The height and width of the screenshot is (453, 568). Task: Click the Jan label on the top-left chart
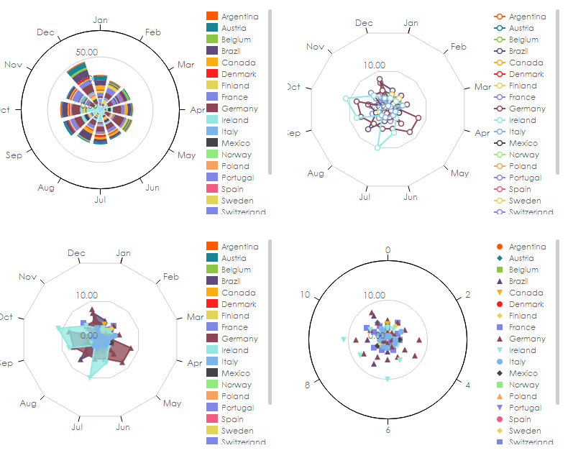(x=101, y=20)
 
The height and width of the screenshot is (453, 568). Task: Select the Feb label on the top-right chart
(x=459, y=47)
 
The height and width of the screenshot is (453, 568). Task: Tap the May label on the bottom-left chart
(x=173, y=403)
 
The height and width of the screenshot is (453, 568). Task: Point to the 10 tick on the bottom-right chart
(x=305, y=295)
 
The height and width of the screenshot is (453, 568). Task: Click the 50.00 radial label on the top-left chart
(x=87, y=52)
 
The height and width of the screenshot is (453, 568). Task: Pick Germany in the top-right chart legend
(x=526, y=109)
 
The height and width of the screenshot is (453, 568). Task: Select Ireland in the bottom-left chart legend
(x=235, y=350)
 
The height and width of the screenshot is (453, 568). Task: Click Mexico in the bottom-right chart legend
(x=523, y=373)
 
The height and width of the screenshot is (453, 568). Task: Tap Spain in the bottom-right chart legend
(x=521, y=419)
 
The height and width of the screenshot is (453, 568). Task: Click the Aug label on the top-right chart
(x=316, y=173)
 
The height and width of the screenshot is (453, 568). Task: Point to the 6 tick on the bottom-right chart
(x=388, y=430)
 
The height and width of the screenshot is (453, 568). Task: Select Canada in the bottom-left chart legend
(x=238, y=293)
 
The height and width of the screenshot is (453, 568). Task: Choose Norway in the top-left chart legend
(x=237, y=155)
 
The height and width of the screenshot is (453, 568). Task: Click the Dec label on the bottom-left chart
(x=76, y=253)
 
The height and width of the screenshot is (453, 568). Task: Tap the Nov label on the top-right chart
(x=315, y=47)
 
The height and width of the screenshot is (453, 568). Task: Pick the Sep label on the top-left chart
(x=14, y=155)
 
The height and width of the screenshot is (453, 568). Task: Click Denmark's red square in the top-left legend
(x=212, y=74)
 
